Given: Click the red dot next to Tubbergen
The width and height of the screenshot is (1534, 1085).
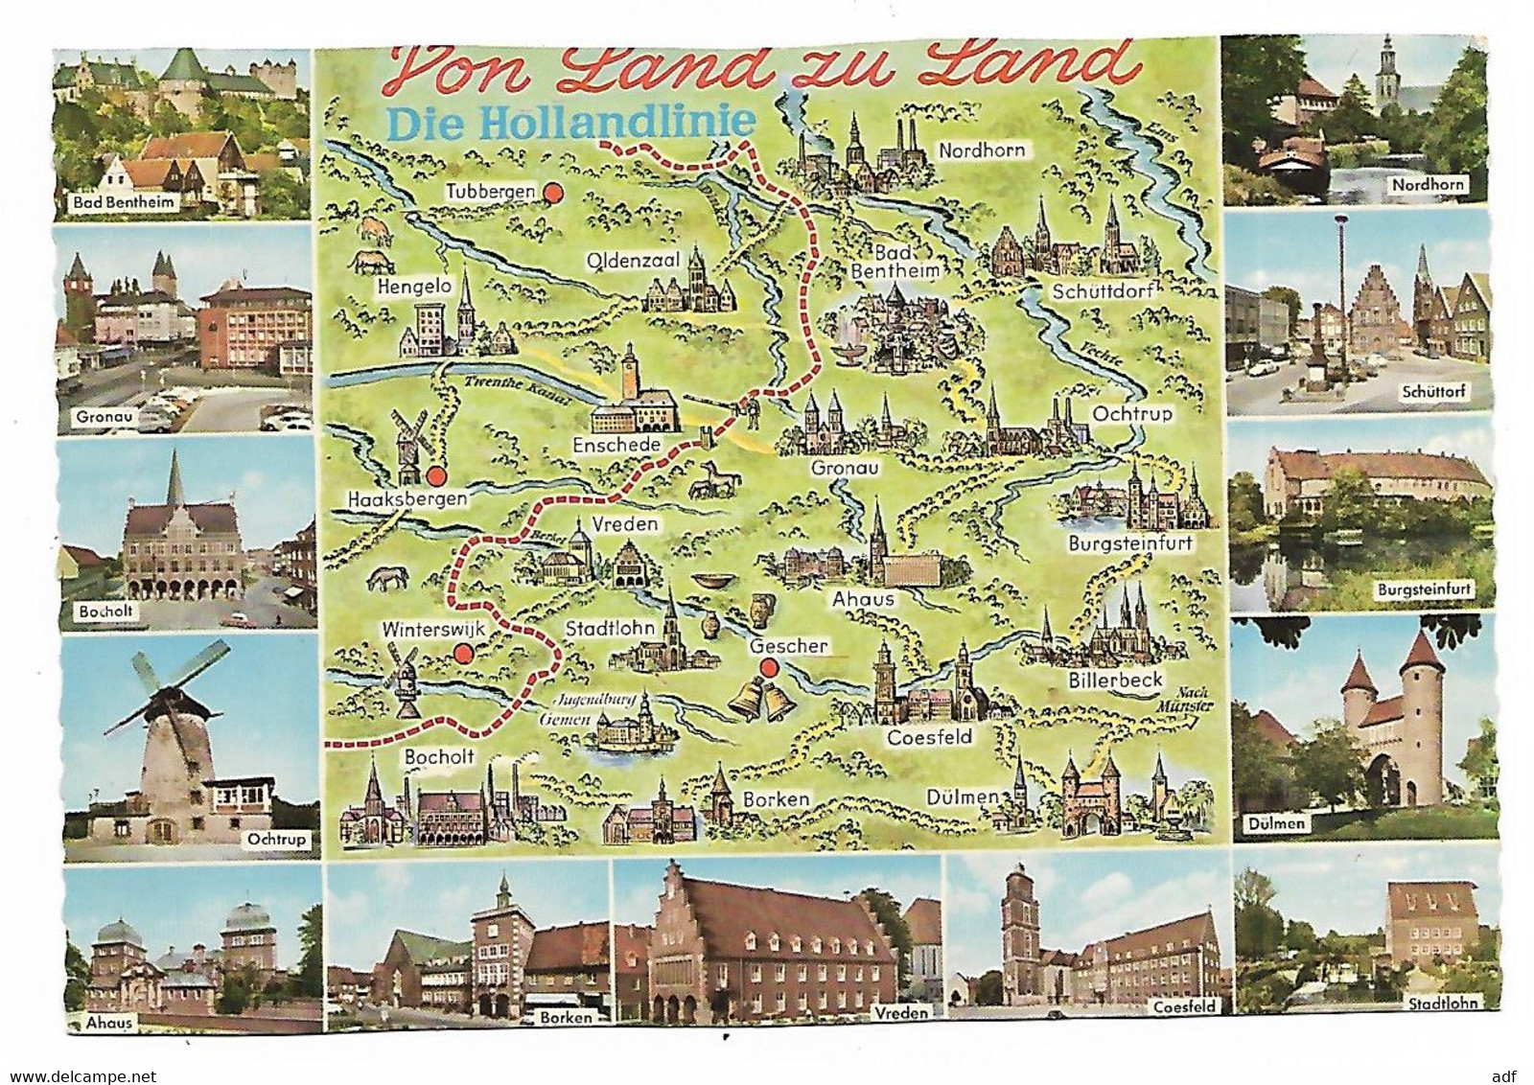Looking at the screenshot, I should click(x=552, y=194).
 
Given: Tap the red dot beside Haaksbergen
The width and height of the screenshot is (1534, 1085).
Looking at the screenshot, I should click(x=437, y=476).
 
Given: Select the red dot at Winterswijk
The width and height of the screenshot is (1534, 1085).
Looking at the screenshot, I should click(x=462, y=655).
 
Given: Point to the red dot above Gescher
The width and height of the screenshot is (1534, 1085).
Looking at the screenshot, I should click(x=767, y=667).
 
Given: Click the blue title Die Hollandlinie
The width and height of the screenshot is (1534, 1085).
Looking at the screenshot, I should click(x=570, y=122).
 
